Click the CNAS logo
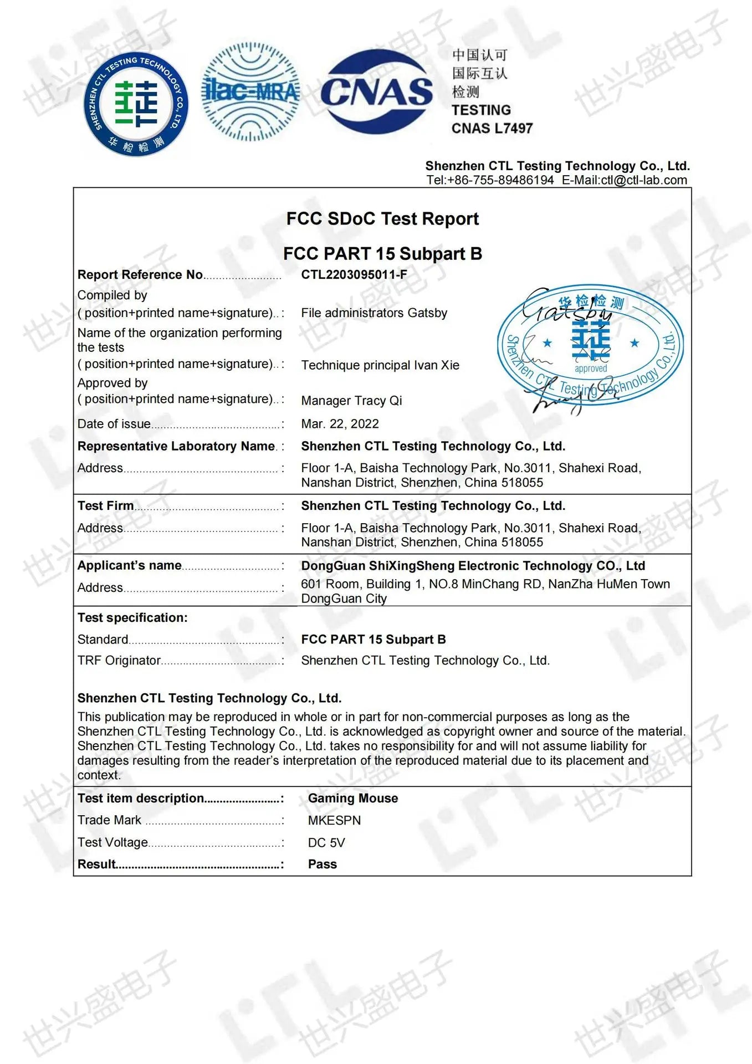pyautogui.click(x=376, y=91)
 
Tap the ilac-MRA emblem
pyautogui.click(x=250, y=91)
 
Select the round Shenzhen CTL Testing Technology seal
pyautogui.click(x=136, y=104)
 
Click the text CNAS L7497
pyautogui.click(x=492, y=129)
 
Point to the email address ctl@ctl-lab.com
pyautogui.click(x=643, y=180)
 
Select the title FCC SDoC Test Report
pyautogui.click(x=382, y=219)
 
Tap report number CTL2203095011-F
pyautogui.click(x=354, y=275)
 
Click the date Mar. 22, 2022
pyautogui.click(x=340, y=424)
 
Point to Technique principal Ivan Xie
pyautogui.click(x=380, y=365)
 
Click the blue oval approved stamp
pyautogui.click(x=590, y=345)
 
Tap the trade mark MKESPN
pyautogui.click(x=334, y=821)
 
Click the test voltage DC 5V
pyautogui.click(x=326, y=843)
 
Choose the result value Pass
pyautogui.click(x=322, y=864)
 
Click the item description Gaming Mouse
pyautogui.click(x=353, y=799)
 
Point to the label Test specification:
pyautogui.click(x=132, y=618)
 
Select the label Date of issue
pyautogui.click(x=114, y=424)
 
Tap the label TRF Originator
pyautogui.click(x=119, y=661)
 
